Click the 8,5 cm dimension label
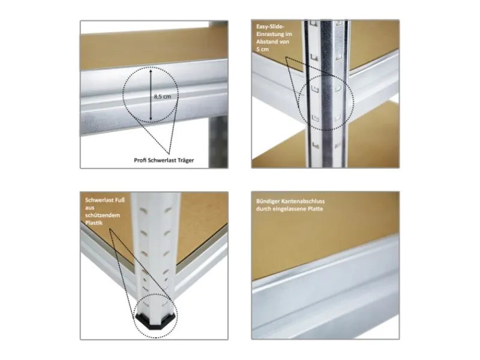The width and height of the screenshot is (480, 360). pyautogui.click(x=162, y=97)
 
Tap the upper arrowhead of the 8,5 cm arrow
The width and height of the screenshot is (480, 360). pyautogui.click(x=151, y=71)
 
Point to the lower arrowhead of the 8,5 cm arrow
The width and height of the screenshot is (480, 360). pyautogui.click(x=151, y=118)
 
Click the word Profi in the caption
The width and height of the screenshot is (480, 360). pyautogui.click(x=140, y=160)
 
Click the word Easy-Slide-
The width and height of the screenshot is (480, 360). pyautogui.click(x=271, y=26)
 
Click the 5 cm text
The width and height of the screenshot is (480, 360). pyautogui.click(x=262, y=49)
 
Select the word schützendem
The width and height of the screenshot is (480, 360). pyautogui.click(x=103, y=215)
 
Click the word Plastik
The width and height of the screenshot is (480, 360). pyautogui.click(x=94, y=223)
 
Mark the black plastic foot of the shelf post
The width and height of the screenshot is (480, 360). pyautogui.click(x=156, y=322)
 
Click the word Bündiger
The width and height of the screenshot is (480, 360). pyautogui.click(x=267, y=202)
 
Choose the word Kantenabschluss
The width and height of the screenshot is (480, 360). pyautogui.click(x=302, y=201)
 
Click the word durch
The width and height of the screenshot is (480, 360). pyautogui.click(x=263, y=209)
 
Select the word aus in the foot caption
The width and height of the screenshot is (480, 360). pyautogui.click(x=89, y=208)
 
